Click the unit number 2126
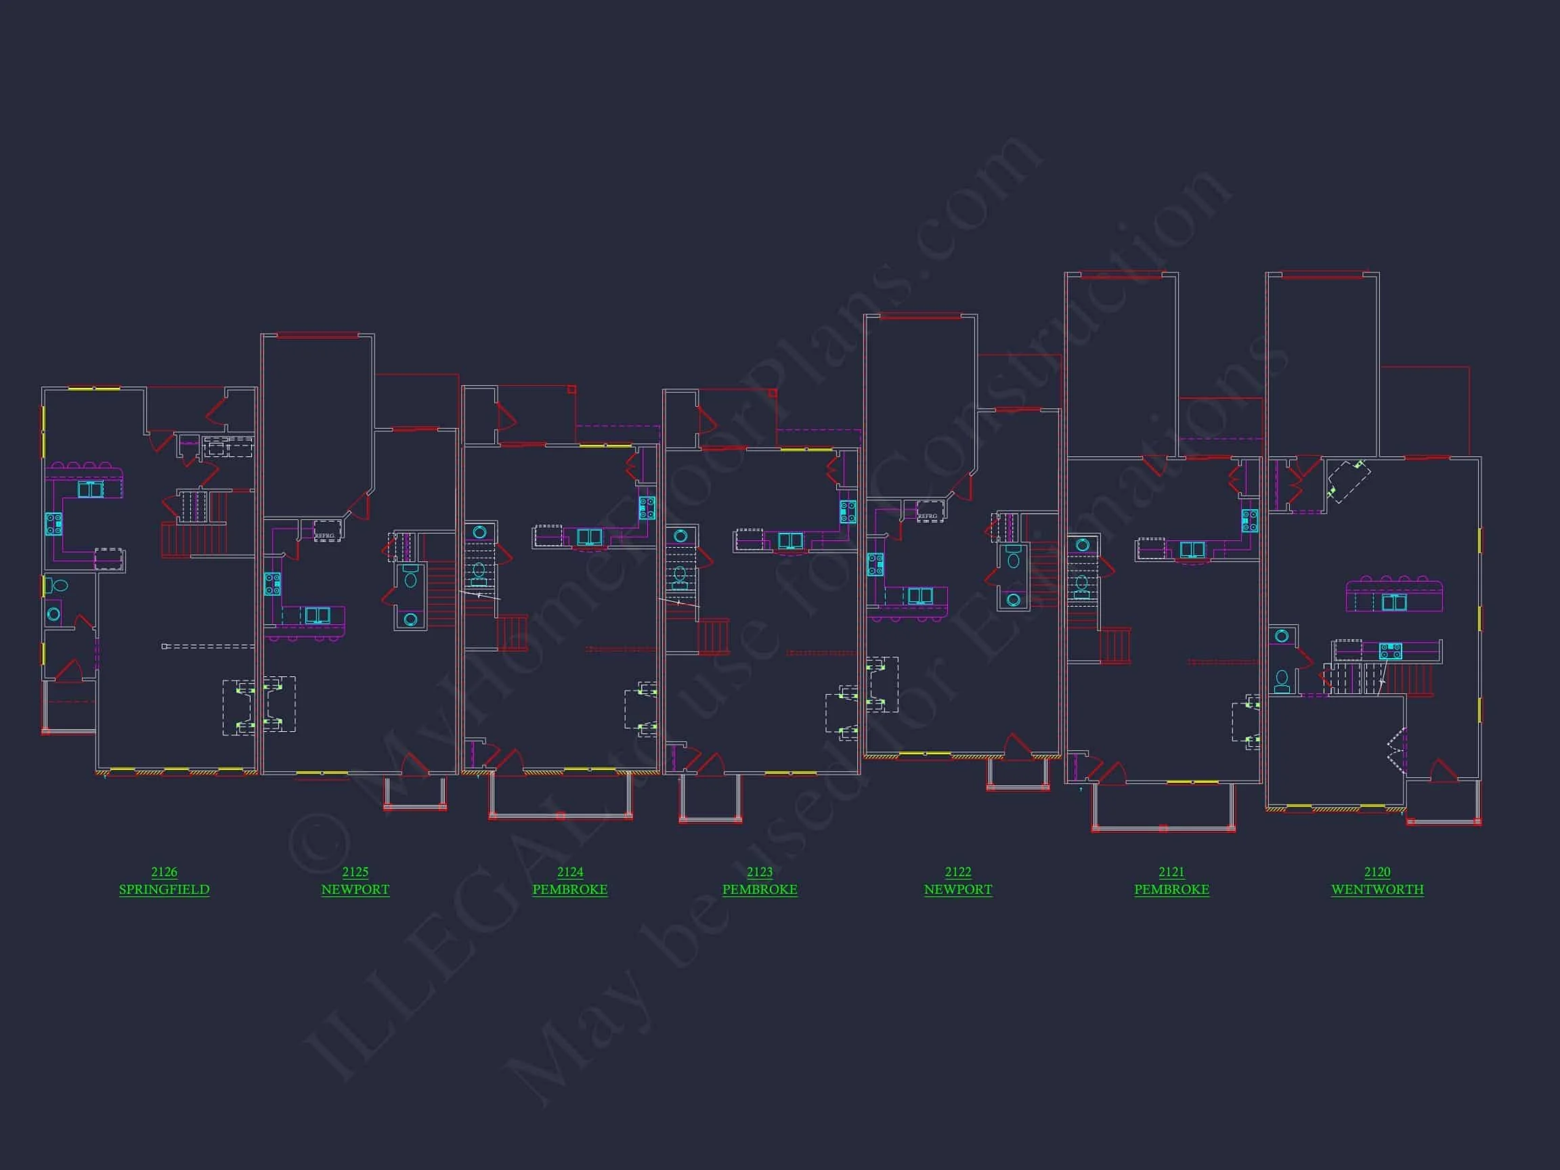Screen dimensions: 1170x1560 [x=164, y=871]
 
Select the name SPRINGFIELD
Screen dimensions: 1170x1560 [x=164, y=889]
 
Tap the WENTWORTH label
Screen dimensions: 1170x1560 [x=1377, y=889]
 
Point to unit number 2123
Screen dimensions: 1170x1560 [x=760, y=871]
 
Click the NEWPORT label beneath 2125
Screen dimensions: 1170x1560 [x=355, y=889]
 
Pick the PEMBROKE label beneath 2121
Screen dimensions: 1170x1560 [x=1171, y=889]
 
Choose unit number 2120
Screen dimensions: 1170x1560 [x=1377, y=871]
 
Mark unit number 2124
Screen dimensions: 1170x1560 [x=570, y=871]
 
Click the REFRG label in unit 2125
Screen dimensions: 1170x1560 [x=325, y=536]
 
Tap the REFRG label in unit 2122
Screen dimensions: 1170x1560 [x=928, y=516]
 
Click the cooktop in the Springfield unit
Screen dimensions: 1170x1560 [x=54, y=523]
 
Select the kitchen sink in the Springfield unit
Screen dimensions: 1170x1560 [x=90, y=490]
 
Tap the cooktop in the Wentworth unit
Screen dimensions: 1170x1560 [x=1390, y=651]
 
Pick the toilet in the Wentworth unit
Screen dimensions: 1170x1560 [x=1282, y=681]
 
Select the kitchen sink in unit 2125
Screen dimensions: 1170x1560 [x=318, y=615]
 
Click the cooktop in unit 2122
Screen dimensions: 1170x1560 [x=875, y=564]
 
